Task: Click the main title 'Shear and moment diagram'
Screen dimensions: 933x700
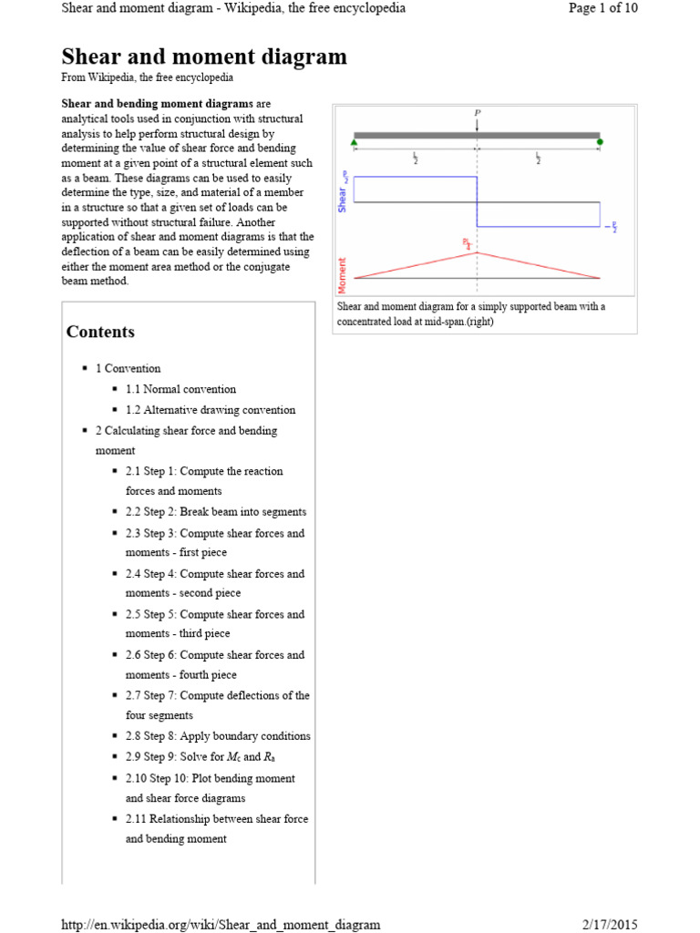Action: [204, 56]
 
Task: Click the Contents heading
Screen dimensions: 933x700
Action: [100, 332]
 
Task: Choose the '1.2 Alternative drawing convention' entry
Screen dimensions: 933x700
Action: [211, 410]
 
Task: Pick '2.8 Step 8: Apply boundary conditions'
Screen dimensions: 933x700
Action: [218, 736]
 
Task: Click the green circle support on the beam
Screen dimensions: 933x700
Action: [600, 141]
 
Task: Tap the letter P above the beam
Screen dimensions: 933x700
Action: [477, 114]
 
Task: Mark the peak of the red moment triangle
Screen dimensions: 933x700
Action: [477, 252]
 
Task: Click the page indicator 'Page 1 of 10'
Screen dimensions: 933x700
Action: [602, 8]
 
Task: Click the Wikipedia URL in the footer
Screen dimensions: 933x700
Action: [221, 925]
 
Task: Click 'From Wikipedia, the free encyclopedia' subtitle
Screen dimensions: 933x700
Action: [147, 78]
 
